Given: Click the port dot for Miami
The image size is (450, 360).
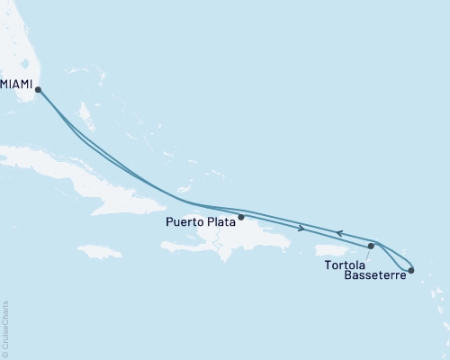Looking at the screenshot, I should click(37, 88).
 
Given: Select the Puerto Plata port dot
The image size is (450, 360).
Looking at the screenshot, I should click(241, 216).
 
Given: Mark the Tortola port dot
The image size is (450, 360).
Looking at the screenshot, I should click(371, 246).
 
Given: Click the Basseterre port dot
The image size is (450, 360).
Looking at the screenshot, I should click(411, 270).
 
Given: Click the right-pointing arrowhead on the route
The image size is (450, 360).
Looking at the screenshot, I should click(300, 228).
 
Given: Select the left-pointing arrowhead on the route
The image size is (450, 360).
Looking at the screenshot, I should click(339, 233).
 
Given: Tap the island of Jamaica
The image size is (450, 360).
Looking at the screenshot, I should click(100, 250).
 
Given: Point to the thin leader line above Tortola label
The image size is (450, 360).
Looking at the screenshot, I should click(368, 254).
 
